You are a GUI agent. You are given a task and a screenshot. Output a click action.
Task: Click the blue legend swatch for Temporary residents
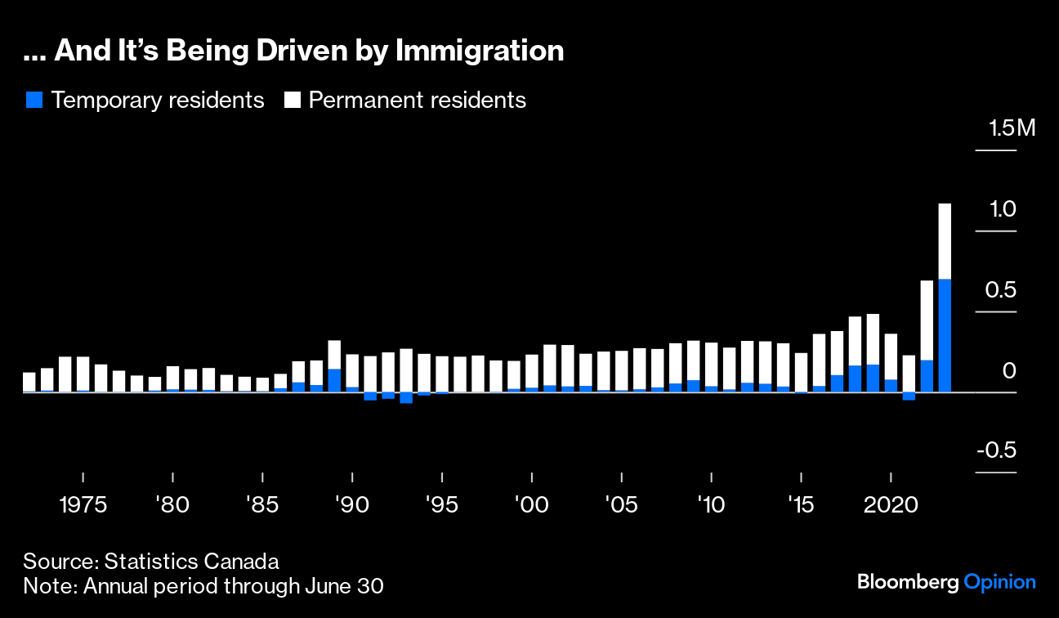[x=34, y=101]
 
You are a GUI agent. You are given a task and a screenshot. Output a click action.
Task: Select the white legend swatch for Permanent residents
[x=293, y=101]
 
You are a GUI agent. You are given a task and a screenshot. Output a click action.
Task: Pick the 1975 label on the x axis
[x=83, y=504]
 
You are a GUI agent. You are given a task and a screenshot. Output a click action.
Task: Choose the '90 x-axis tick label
[x=351, y=504]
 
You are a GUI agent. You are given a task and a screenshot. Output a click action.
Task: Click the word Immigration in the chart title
[x=480, y=51]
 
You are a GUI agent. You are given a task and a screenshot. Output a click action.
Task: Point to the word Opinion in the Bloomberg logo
[x=999, y=582]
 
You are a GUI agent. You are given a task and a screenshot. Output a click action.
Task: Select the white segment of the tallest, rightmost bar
[x=945, y=240]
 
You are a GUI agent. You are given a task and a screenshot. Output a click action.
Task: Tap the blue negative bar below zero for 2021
[x=909, y=396]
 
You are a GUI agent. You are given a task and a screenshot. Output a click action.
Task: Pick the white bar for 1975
[x=83, y=374]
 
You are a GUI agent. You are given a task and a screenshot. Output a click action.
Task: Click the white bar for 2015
[x=802, y=372]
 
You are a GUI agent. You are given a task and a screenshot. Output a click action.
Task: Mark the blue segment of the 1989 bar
[x=334, y=380]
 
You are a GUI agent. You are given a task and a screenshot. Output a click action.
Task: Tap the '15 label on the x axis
[x=801, y=504]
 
